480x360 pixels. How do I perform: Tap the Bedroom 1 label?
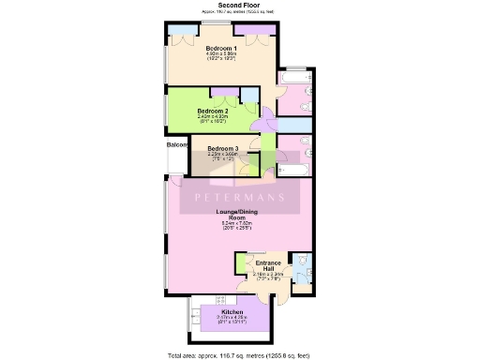pyautogui.click(x=221, y=49)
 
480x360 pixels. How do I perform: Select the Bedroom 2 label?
pyautogui.click(x=214, y=111)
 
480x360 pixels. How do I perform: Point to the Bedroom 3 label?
pyautogui.click(x=223, y=148)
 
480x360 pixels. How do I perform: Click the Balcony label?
pyautogui.click(x=177, y=145)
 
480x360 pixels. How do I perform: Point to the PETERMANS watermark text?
pyautogui.click(x=239, y=198)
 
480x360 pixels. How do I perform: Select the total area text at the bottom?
pyautogui.click(x=239, y=354)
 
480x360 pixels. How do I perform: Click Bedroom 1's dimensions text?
pyautogui.click(x=222, y=57)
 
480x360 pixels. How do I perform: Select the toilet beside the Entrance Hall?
pyautogui.click(x=299, y=262)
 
